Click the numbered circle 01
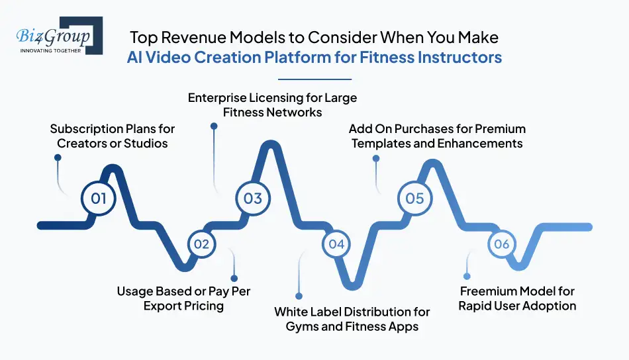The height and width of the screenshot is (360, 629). click(x=99, y=198)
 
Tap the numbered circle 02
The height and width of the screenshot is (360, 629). click(x=201, y=244)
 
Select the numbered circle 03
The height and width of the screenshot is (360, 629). click(x=253, y=198)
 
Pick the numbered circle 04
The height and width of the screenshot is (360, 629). click(x=337, y=244)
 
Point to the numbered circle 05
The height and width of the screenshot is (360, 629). click(x=414, y=198)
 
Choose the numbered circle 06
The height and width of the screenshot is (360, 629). click(x=501, y=244)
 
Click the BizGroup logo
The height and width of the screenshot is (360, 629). click(x=56, y=36)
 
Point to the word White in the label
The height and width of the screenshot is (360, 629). click(x=290, y=311)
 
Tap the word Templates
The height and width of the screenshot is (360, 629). click(x=379, y=143)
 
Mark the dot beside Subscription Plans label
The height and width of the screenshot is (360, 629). click(x=58, y=157)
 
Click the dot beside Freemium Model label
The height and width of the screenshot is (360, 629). click(x=467, y=275)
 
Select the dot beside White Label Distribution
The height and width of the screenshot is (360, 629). click(x=299, y=296)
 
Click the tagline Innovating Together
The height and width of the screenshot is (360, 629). click(x=51, y=49)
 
